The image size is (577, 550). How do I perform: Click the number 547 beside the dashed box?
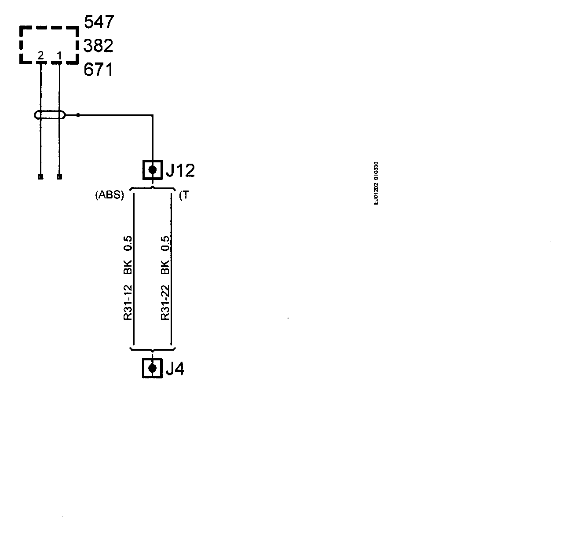click(x=99, y=22)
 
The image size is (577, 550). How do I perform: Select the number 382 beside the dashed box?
click(x=99, y=45)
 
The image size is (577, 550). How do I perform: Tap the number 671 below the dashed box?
click(x=99, y=70)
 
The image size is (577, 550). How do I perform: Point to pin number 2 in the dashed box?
click(x=40, y=55)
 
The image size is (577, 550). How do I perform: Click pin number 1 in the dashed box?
click(x=59, y=55)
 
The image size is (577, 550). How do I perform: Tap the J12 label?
click(x=180, y=170)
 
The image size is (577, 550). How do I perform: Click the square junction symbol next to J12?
click(x=153, y=169)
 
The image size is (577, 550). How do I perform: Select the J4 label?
click(x=175, y=369)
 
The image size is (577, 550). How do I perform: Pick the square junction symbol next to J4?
click(x=153, y=368)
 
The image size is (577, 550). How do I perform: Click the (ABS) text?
click(x=110, y=195)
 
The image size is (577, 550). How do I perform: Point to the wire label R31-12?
click(x=128, y=303)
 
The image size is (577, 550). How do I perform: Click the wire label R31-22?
click(x=165, y=303)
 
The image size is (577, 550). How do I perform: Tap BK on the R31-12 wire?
click(x=128, y=266)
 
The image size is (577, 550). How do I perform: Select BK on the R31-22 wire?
click(x=165, y=266)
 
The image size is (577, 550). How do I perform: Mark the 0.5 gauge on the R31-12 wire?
click(x=128, y=244)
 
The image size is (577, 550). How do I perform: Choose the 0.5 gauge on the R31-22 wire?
click(x=165, y=244)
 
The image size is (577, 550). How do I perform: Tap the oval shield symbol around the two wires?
click(x=50, y=115)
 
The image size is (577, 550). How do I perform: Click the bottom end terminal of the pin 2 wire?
click(x=40, y=177)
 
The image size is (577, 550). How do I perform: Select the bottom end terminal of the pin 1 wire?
click(x=59, y=177)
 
